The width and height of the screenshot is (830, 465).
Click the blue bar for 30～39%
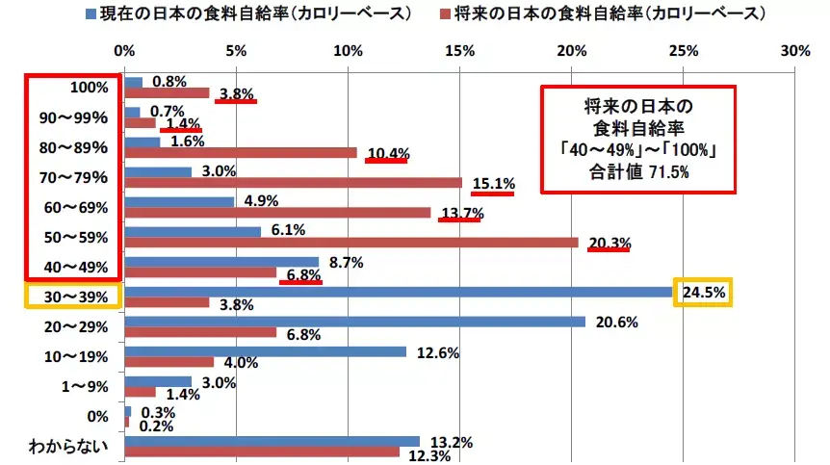[398, 292]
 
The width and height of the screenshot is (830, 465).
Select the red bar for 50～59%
[351, 243]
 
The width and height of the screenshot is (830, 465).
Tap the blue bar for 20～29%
[354, 322]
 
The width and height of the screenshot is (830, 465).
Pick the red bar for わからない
[262, 452]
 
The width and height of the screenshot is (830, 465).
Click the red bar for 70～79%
[293, 183]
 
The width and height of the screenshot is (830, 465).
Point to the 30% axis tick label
[794, 50]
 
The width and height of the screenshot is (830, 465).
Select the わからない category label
[69, 447]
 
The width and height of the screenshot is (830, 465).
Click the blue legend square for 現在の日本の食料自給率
[91, 14]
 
